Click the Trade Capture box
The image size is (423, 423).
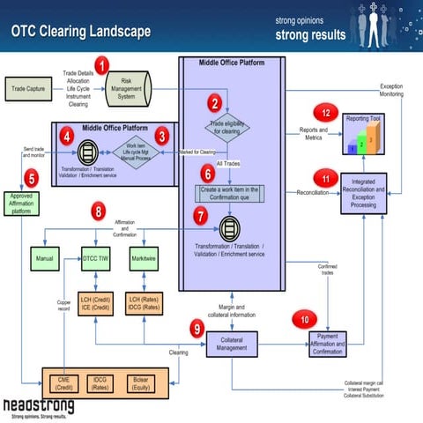point(33,89)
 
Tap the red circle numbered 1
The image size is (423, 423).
point(103,64)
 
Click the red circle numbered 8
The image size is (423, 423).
point(100,211)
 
